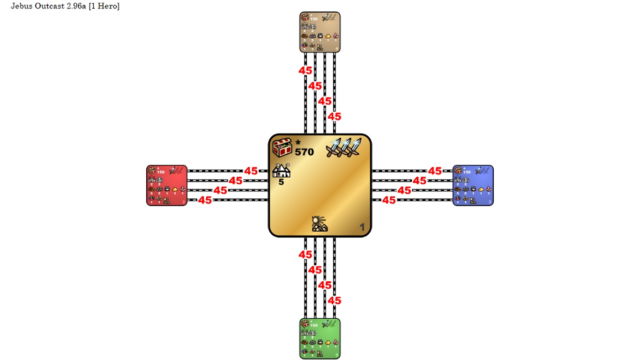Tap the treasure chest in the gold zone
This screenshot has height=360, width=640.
pos(283,148)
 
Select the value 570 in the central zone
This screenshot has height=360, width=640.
pos(304,152)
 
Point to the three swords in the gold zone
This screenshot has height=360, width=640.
pos(344,147)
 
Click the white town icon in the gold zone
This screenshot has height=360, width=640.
pos(282,171)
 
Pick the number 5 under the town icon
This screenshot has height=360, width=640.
pos(281,182)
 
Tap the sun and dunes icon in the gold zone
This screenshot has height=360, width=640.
pos(320,224)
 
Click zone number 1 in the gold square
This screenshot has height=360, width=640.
pos(362,227)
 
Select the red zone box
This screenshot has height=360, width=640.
pos(167,185)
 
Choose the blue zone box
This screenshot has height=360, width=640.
pos(473,185)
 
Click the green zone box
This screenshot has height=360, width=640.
pos(320,338)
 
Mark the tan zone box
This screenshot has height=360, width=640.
pos(320,32)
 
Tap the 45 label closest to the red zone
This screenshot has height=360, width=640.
pos(205,200)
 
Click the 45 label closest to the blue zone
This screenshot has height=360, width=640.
pos(435,171)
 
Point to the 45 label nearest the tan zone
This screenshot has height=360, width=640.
pos(305,71)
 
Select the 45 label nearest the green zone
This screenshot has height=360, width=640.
pos(334,300)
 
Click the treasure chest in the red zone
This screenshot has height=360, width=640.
pos(152,171)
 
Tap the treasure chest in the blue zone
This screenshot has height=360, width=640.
pos(458,171)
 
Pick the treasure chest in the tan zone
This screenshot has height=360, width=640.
pos(305,17)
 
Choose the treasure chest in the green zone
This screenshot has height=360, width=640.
pos(305,324)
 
